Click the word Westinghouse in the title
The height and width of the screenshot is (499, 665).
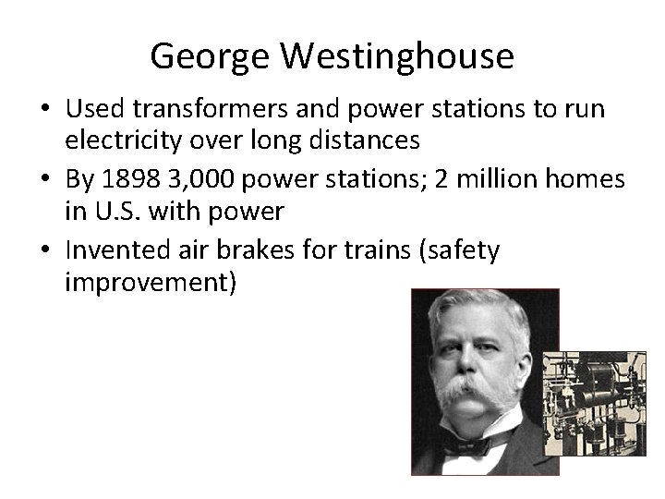396,57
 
